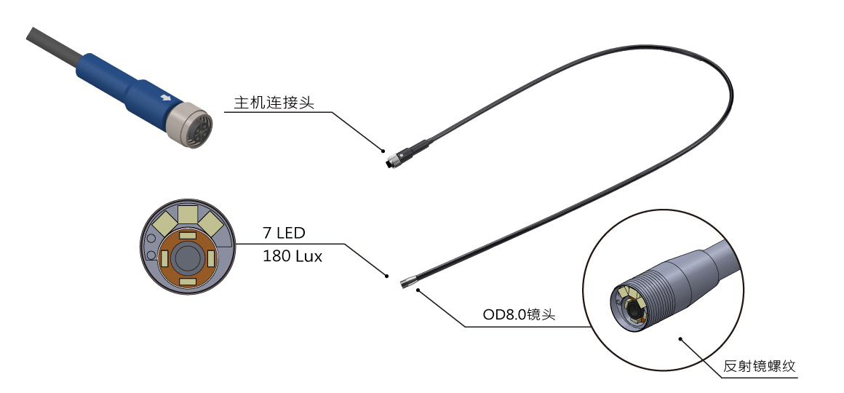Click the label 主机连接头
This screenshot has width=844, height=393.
pyautogui.click(x=274, y=103)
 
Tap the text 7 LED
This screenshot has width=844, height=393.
pyautogui.click(x=284, y=233)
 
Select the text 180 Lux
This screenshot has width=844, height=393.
pyautogui.click(x=292, y=256)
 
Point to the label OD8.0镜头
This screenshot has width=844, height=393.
pyautogui.click(x=519, y=314)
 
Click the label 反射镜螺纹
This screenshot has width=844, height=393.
pyautogui.click(x=759, y=367)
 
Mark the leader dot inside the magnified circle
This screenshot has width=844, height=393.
pyautogui.click(x=680, y=339)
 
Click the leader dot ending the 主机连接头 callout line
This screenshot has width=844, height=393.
pyautogui.click(x=383, y=151)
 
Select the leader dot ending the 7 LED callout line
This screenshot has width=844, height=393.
pyautogui.click(x=387, y=276)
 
